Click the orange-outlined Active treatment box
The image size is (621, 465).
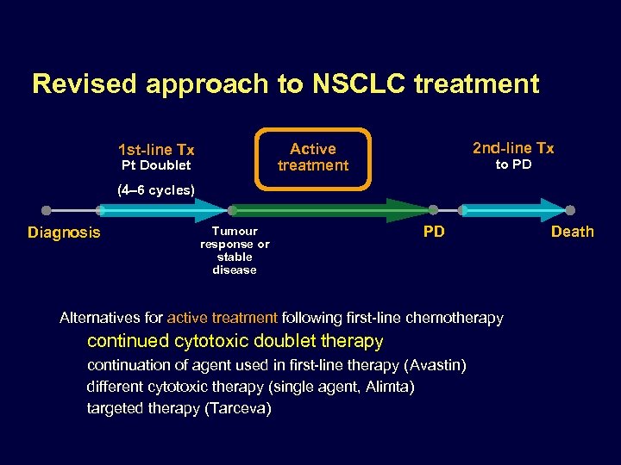click(x=313, y=158)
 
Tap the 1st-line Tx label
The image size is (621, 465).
click(x=156, y=149)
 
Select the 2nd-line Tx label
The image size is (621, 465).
click(x=513, y=148)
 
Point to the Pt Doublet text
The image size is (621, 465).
click(x=156, y=165)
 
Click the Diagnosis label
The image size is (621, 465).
click(x=64, y=232)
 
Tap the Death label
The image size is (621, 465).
click(x=573, y=232)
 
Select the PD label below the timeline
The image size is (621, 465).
click(x=434, y=232)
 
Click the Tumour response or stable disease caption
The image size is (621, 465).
click(x=235, y=251)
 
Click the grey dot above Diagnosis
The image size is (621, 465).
click(x=47, y=210)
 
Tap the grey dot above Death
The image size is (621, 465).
click(x=570, y=210)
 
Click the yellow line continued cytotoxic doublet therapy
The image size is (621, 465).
click(x=235, y=341)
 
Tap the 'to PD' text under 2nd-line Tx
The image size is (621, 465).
click(x=513, y=164)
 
